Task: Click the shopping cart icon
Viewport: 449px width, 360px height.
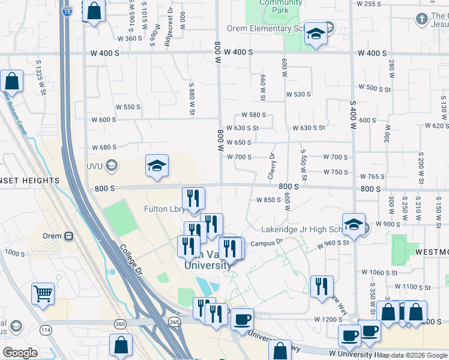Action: pyautogui.click(x=43, y=294)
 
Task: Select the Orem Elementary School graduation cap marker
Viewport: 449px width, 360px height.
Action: pyautogui.click(x=315, y=34)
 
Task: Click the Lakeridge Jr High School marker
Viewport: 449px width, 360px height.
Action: pyautogui.click(x=354, y=225)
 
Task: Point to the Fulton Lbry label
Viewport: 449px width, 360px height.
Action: pyautogui.click(x=164, y=209)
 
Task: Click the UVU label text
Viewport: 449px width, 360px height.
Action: pyautogui.click(x=95, y=166)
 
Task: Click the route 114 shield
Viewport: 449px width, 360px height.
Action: pyautogui.click(x=46, y=329)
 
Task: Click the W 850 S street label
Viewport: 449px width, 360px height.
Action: pyautogui.click(x=268, y=200)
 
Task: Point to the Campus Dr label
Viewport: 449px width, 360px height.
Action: pyautogui.click(x=267, y=243)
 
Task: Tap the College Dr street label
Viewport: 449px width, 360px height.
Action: pyautogui.click(x=130, y=260)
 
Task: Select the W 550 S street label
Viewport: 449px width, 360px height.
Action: pyautogui.click(x=128, y=107)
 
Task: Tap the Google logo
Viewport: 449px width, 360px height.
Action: pyautogui.click(x=19, y=353)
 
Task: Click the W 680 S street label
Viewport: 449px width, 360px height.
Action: pyautogui.click(x=104, y=147)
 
